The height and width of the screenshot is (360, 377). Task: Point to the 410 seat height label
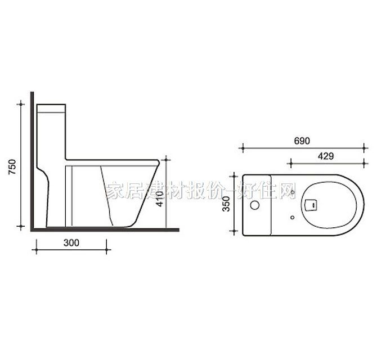(160, 199)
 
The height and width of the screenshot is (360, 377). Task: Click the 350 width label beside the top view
(227, 203)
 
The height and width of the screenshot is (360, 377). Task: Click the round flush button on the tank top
(255, 205)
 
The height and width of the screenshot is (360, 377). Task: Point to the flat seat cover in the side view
(113, 160)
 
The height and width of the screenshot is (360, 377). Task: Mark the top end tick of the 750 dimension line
(21, 104)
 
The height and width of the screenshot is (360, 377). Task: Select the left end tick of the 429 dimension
(290, 163)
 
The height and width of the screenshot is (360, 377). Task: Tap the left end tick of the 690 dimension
(242, 148)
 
